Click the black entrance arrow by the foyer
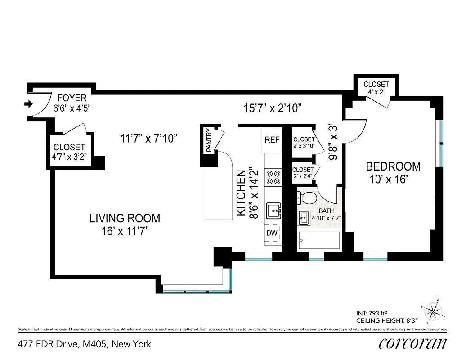coord(28,104)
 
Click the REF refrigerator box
coord(272,140)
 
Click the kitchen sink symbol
coord(273,210)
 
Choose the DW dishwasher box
coord(272,233)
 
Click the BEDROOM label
coord(393,166)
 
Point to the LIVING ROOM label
coord(125,219)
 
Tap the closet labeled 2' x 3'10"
coord(303,143)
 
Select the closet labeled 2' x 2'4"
coord(303,173)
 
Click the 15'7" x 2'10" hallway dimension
coord(272,108)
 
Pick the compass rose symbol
coord(434,311)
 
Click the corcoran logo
coord(412,343)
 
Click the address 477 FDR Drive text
coord(85,344)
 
